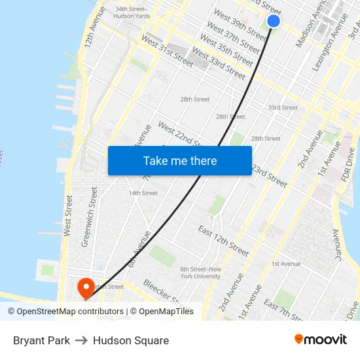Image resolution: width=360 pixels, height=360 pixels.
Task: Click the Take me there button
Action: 179,160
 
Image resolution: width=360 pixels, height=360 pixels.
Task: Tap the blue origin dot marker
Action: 274,21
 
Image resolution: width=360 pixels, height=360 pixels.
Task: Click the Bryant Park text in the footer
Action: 41,340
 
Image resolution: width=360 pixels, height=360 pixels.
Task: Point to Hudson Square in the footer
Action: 131,340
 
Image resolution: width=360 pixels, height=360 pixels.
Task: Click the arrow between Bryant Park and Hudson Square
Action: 81,340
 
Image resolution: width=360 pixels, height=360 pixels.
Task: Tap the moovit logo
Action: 320,339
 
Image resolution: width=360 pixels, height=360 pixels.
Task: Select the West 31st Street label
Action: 168,52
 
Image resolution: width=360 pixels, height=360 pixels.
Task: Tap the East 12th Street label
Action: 223,242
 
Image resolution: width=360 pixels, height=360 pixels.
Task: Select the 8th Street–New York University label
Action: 200,272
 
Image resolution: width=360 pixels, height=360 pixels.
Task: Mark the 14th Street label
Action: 143,193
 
